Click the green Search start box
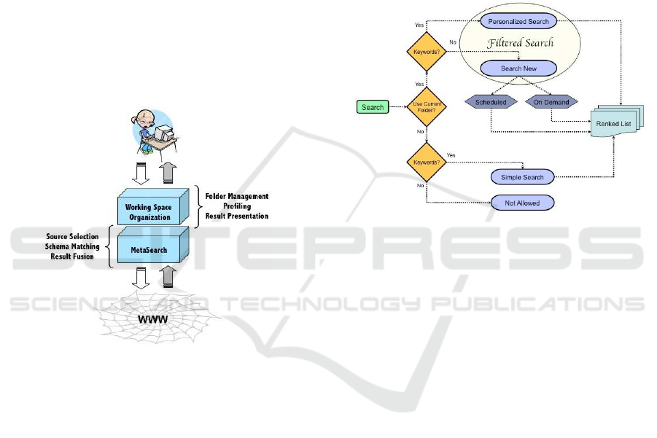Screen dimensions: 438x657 pyautogui.click(x=373, y=107)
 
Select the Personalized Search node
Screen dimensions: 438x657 pyautogui.click(x=519, y=22)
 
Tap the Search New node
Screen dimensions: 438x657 pyautogui.click(x=518, y=68)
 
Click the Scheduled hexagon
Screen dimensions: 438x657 pyautogui.click(x=491, y=102)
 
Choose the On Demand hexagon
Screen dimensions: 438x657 pyautogui.click(x=551, y=102)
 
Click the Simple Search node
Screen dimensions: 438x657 pyautogui.click(x=522, y=177)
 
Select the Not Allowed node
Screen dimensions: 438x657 pyautogui.click(x=521, y=203)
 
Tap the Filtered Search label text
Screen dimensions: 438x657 pyautogui.click(x=520, y=43)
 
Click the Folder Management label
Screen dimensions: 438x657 pyautogui.click(x=237, y=196)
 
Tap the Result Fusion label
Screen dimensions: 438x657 pyautogui.click(x=73, y=257)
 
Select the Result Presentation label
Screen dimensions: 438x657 pyautogui.click(x=236, y=216)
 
